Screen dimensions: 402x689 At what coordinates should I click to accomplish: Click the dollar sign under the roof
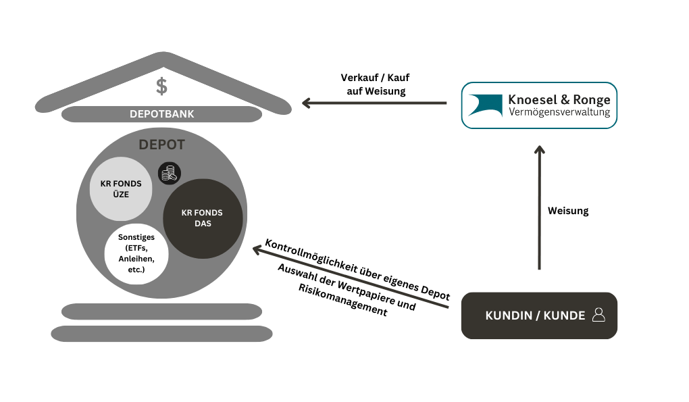161,86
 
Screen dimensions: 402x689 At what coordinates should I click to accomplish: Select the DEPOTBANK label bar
161,114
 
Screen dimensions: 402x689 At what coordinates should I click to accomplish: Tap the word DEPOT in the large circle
161,145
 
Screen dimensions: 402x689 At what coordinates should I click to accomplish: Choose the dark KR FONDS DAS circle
203,218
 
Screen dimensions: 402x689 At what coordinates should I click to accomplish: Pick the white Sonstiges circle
136,253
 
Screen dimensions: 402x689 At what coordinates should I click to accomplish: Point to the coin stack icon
169,174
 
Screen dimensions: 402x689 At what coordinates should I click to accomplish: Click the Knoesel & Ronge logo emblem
485,105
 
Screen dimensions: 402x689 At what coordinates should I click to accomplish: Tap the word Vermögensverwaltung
559,112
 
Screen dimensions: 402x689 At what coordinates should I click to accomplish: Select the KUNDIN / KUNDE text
535,316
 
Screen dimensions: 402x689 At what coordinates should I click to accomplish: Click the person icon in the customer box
598,315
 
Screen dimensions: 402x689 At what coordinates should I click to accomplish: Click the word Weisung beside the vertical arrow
568,211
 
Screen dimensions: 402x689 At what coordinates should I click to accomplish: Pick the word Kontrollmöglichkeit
310,258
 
